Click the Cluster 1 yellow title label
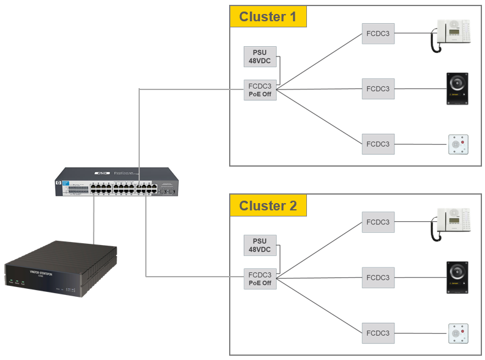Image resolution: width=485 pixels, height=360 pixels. tap(268, 16)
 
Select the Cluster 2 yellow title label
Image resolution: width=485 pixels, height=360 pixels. tap(268, 206)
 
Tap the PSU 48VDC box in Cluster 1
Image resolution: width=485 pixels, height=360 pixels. tap(260, 57)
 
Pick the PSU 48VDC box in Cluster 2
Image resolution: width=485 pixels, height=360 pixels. tap(260, 245)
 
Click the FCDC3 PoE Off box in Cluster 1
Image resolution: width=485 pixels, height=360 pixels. tap(260, 90)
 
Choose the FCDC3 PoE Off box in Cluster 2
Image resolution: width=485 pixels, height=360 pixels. tap(260, 279)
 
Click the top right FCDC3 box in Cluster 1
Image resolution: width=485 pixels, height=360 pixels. tap(378, 33)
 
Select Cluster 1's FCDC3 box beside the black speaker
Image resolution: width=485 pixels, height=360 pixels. tap(378, 89)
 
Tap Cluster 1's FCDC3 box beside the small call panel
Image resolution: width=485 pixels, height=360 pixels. tap(378, 144)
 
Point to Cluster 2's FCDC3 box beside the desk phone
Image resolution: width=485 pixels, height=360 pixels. tap(378, 222)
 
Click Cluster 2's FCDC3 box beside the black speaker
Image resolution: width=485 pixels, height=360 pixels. tap(378, 277)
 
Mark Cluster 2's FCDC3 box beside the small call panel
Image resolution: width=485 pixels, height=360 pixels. tap(378, 333)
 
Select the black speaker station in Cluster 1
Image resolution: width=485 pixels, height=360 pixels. tap(457, 89)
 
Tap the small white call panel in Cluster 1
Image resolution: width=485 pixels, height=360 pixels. tap(459, 145)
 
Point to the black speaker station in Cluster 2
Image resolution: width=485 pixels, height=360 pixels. tap(457, 277)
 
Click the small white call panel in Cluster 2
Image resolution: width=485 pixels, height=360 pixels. tap(459, 333)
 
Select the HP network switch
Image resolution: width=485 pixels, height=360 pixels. tap(117, 182)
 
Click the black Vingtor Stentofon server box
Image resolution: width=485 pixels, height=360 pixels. tap(61, 269)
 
